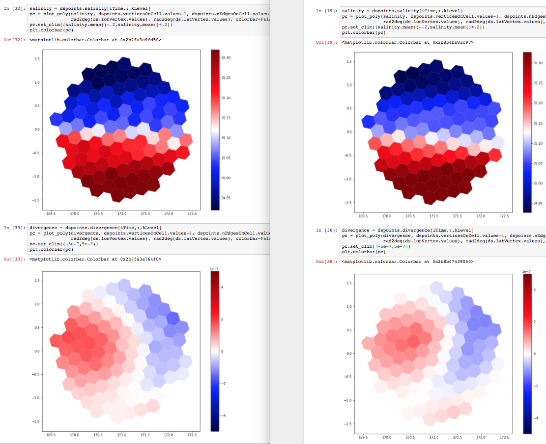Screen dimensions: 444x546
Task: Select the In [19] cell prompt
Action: (x=327, y=11)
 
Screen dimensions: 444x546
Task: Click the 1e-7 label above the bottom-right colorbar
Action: (x=527, y=271)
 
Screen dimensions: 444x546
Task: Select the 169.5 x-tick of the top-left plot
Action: (x=51, y=213)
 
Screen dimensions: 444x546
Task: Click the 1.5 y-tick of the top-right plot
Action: (x=348, y=61)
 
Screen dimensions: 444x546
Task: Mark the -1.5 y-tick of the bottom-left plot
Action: (x=35, y=421)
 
